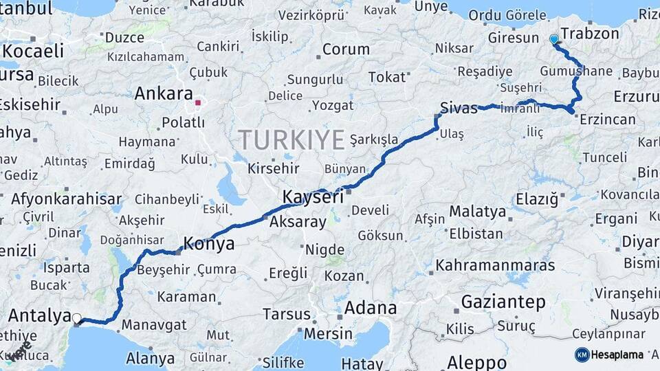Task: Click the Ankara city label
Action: (164, 93)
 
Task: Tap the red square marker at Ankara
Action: (198, 103)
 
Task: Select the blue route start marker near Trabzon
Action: (554, 39)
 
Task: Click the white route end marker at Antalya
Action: (77, 319)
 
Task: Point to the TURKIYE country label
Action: (291, 140)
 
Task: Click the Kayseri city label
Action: (313, 197)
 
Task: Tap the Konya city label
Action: (208, 243)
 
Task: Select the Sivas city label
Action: (459, 108)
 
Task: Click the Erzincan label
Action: (608, 120)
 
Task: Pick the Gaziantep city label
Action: (503, 302)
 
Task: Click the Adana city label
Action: (371, 307)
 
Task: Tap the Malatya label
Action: (478, 211)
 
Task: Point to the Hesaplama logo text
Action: (617, 355)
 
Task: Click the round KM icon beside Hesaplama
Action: (582, 355)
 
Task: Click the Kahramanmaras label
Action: (495, 265)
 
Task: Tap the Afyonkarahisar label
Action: (66, 199)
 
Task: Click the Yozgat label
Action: (333, 105)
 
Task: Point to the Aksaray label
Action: (298, 222)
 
